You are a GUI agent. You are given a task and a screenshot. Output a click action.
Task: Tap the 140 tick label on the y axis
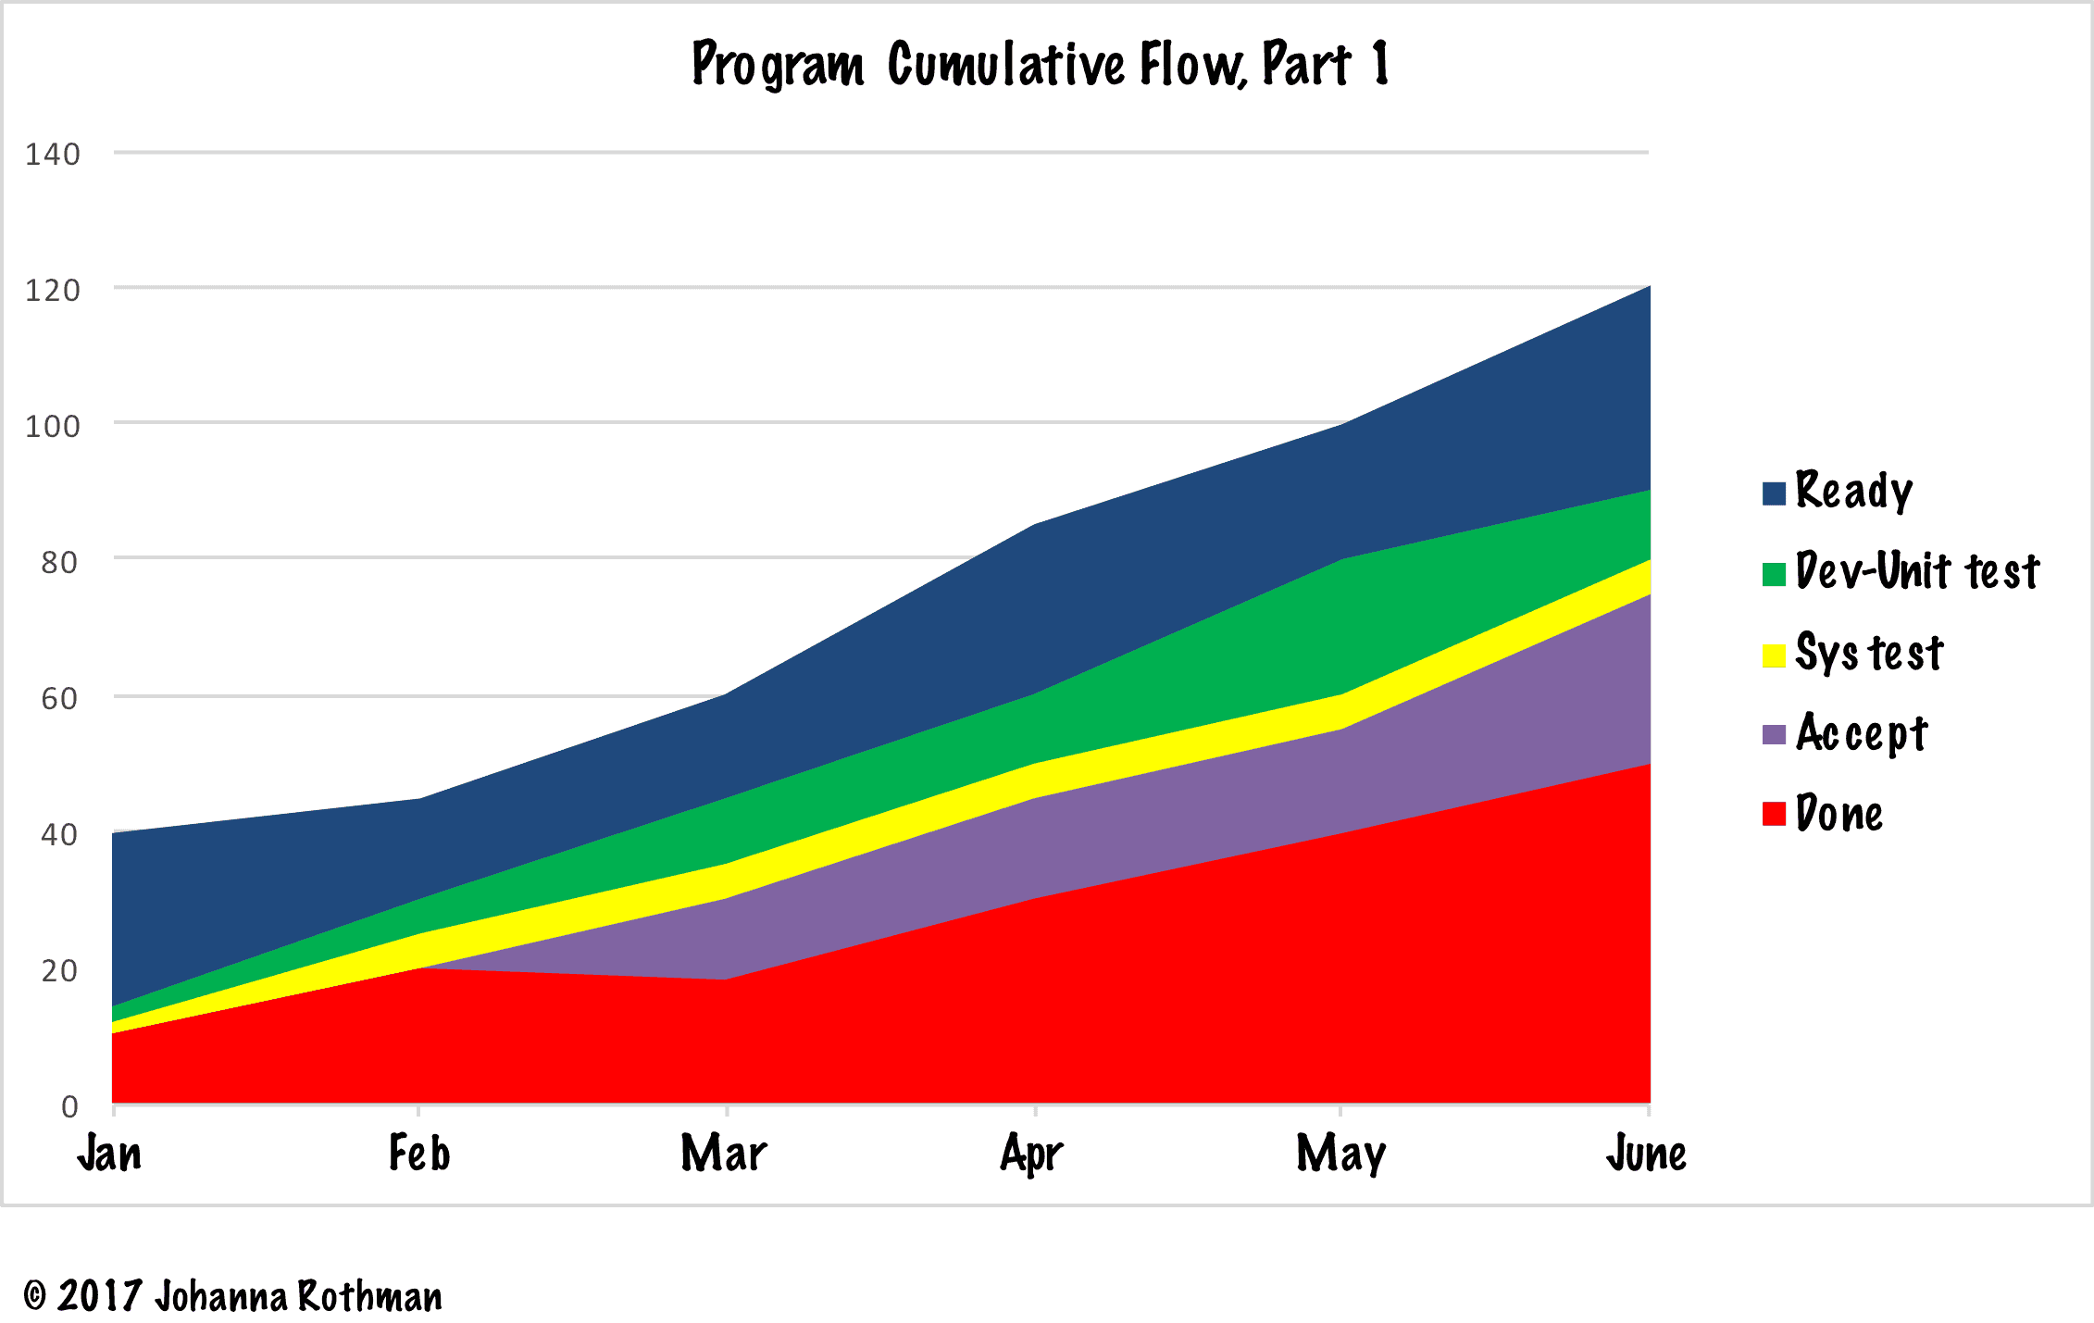click(53, 154)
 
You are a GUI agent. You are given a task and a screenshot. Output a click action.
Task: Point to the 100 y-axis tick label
click(53, 426)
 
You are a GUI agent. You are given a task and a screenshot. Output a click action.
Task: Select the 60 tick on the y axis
click(59, 698)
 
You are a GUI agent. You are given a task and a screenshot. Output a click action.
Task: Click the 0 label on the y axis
click(69, 1106)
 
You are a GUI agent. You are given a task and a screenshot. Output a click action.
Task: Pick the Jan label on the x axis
click(109, 1154)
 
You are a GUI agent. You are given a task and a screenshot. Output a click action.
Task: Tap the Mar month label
click(724, 1154)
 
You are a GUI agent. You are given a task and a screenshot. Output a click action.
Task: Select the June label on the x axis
click(1646, 1154)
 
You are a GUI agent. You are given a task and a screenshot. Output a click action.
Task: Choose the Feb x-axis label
click(418, 1154)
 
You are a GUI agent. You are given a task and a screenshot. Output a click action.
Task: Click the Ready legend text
click(1853, 491)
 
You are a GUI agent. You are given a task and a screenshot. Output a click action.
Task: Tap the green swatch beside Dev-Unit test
click(1774, 574)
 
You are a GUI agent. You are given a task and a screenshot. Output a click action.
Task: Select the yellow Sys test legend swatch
click(1774, 655)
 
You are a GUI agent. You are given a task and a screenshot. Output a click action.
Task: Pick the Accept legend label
click(1862, 734)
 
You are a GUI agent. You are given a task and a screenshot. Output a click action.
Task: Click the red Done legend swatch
click(1774, 815)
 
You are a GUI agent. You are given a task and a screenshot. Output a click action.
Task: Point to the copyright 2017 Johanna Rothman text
click(232, 1296)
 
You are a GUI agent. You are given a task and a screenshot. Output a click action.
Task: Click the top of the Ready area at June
click(1648, 288)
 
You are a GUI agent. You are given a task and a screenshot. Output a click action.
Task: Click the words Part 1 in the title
click(1325, 65)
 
